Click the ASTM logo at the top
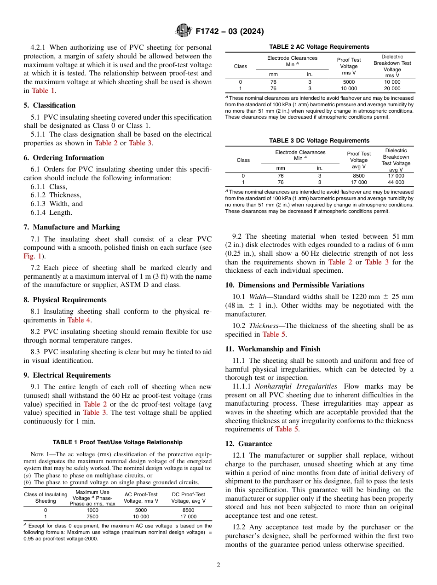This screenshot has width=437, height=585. pos(184,31)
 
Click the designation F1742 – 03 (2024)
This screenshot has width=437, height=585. pos(230,32)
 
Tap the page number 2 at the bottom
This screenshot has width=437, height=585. pos(218,565)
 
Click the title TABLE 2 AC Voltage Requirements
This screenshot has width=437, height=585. pos(319,47)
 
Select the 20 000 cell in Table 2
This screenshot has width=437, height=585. pos(392,88)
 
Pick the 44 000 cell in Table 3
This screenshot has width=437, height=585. pos(396,182)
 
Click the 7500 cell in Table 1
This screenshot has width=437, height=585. pos(92,516)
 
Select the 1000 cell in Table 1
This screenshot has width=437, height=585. pos(92,510)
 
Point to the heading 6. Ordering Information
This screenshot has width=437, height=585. pos(63,158)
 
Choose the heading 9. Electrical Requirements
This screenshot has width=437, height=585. pos(67,375)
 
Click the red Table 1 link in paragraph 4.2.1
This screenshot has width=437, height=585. pos(40,91)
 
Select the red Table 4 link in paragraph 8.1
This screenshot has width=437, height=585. pos(79,320)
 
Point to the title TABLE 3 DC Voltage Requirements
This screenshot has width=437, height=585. pos(319,141)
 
